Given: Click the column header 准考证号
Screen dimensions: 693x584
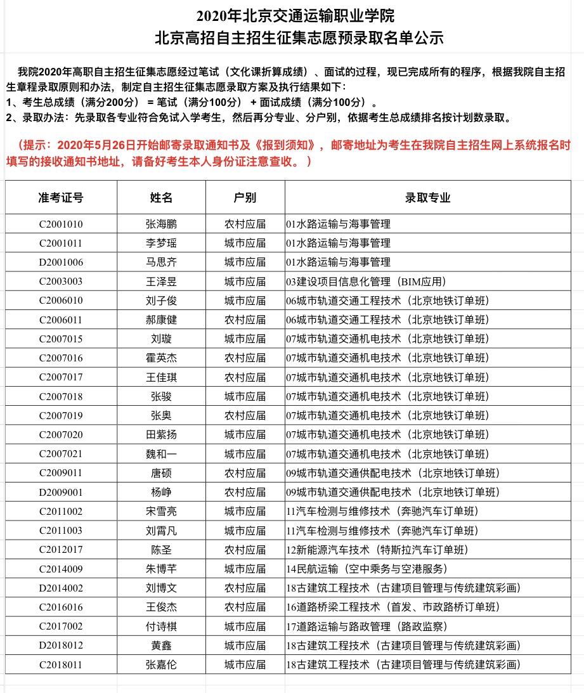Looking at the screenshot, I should tap(61, 197).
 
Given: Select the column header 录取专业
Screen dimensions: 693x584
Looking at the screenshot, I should tap(427, 197).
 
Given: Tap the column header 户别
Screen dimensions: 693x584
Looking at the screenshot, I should tap(245, 197).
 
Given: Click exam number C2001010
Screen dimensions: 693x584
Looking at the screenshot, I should tap(61, 224).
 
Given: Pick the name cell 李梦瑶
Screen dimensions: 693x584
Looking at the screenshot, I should tap(161, 243).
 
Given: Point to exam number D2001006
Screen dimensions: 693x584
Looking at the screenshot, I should tap(61, 262).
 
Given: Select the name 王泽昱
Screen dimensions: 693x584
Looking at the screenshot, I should tap(161, 281).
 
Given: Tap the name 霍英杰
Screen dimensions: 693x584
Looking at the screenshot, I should tap(161, 358).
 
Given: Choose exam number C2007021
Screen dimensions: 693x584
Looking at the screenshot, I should tap(61, 454).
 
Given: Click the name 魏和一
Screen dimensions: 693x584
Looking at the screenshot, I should tap(161, 454).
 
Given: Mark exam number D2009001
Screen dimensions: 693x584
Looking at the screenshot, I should tap(61, 492).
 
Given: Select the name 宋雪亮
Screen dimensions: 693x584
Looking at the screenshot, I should tap(161, 511).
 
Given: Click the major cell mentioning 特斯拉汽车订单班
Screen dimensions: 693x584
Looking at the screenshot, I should tap(377, 550).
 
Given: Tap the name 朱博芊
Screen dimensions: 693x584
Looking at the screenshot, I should tap(161, 569).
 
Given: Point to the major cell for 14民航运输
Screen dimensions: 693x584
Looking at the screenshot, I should tap(367, 569).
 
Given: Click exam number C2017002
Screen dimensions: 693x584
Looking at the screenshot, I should tap(61, 626).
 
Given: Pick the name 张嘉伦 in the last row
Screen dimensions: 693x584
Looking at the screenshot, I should tap(161, 664).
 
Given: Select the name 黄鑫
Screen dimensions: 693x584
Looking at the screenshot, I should tap(161, 645).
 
